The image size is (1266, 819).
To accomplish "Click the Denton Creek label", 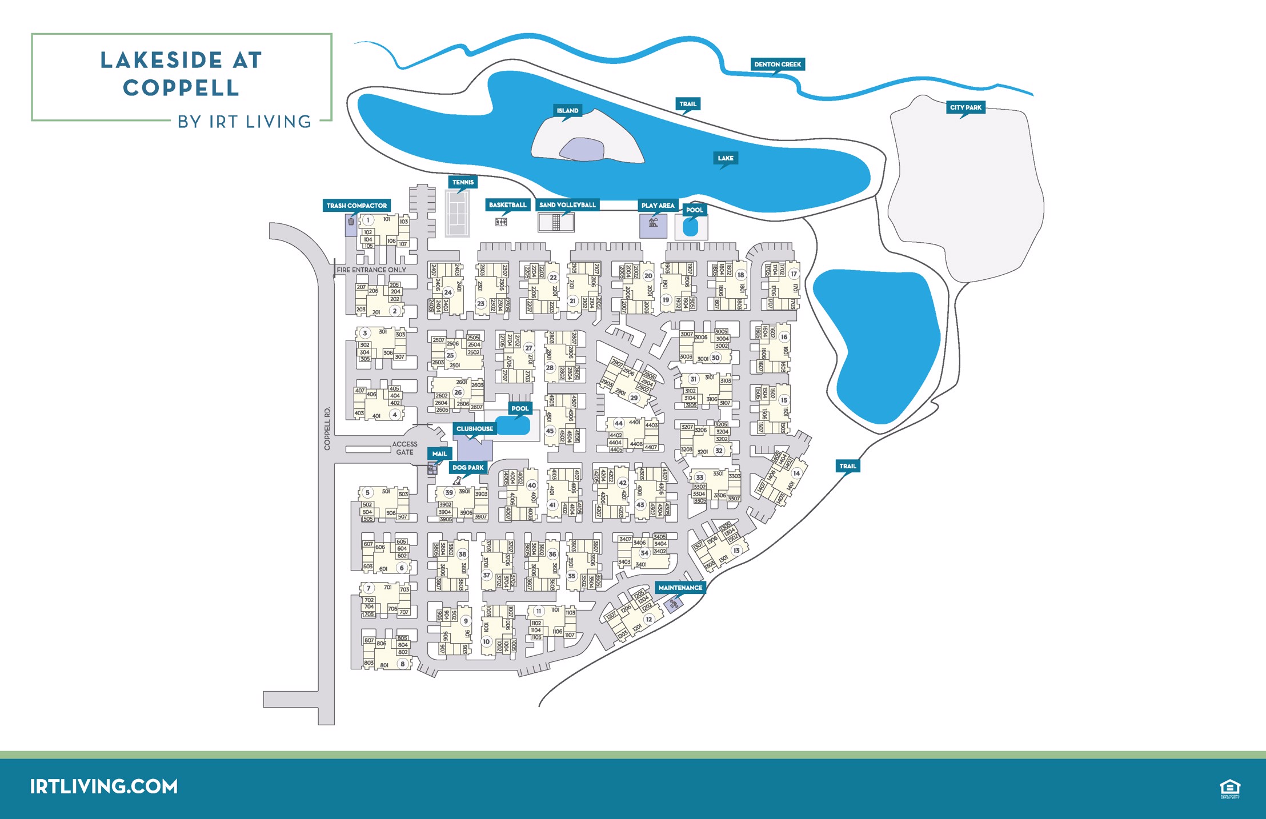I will pos(777,65).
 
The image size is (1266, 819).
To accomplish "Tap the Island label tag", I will pos(567,111).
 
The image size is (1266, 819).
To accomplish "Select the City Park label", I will pos(965,107).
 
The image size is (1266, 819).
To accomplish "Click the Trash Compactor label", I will pos(356,206).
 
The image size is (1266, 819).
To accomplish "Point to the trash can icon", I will pos(351,222).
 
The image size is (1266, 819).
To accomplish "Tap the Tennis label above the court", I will pos(463,183).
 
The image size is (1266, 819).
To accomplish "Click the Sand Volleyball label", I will pos(567,205).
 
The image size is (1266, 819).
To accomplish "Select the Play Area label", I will pos(658,206).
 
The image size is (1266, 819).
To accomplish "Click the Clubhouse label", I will pos(474,429).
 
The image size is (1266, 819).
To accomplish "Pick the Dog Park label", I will pos(468,468).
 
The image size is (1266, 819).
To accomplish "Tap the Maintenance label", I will pos(680,588).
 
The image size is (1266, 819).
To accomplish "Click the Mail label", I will pos(439,454).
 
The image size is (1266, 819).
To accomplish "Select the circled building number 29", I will pos(634,398).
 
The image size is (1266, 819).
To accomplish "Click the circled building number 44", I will pos(618,423).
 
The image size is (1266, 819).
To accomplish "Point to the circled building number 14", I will pos(796,473).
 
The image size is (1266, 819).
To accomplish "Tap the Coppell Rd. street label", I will pos(327,428).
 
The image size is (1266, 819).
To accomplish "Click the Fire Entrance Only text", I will pos(371,270).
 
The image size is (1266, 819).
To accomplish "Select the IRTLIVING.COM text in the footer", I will pos(104,786).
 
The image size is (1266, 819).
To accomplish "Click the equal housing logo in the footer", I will pos(1229,788).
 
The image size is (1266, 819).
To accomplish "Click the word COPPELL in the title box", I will pos(181,88).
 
